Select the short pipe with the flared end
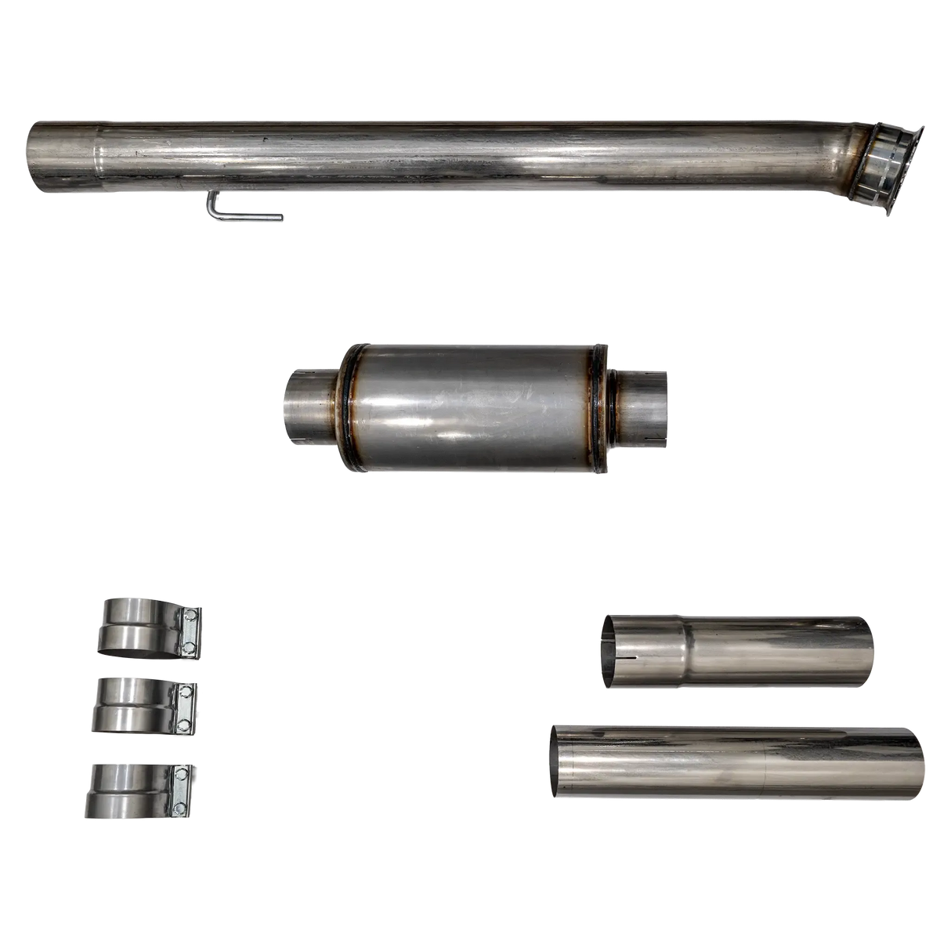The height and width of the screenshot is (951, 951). (736, 652)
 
